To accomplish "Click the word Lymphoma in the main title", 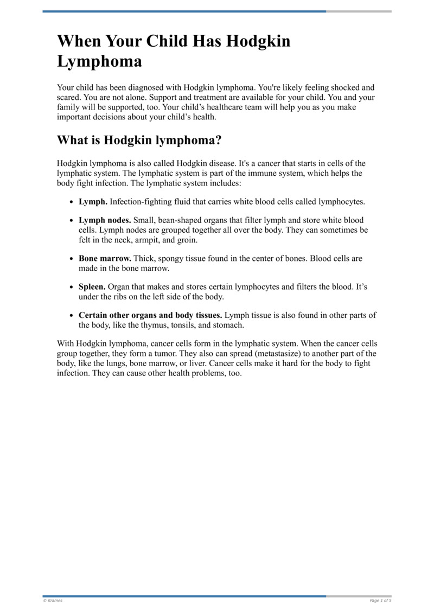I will pyautogui.click(x=99, y=61).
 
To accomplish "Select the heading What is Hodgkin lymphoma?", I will pyautogui.click(x=139, y=140).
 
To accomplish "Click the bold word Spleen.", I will pyautogui.click(x=92, y=287).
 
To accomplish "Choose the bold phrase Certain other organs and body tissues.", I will pyautogui.click(x=150, y=315).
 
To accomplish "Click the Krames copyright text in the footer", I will pyautogui.click(x=53, y=601).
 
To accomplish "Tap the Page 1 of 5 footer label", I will pyautogui.click(x=380, y=601).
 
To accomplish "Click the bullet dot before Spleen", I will pyautogui.click(x=72, y=288).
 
